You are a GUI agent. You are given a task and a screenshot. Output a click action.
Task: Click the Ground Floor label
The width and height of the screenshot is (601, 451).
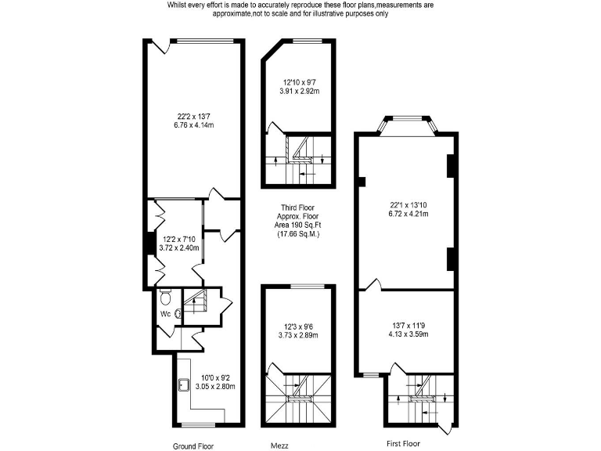click(x=194, y=446)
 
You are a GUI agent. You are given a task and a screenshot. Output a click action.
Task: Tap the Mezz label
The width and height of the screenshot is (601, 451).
click(x=279, y=446)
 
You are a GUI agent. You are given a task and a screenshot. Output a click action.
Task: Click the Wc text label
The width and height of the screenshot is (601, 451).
click(x=165, y=314)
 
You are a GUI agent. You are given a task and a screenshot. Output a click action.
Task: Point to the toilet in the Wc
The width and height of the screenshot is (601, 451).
click(x=164, y=298)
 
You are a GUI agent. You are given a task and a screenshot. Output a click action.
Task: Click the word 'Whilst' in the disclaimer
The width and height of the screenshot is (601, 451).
click(x=178, y=5)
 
